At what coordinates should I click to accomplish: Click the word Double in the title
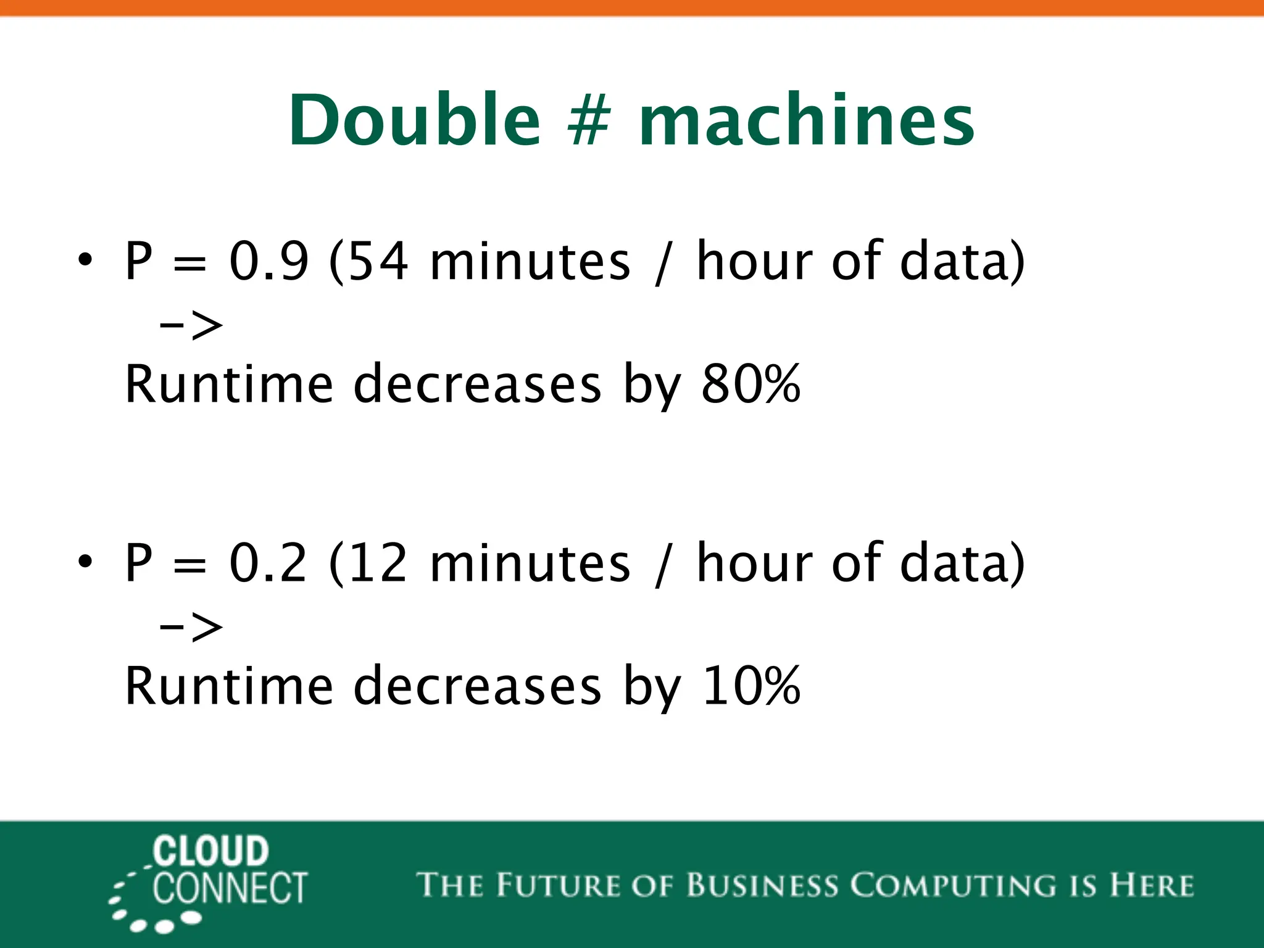[414, 120]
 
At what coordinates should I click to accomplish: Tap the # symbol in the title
[589, 121]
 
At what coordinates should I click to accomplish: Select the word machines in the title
[807, 120]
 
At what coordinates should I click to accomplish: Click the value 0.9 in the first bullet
[268, 261]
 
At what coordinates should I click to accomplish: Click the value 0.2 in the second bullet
[268, 562]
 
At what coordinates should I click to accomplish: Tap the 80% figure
[750, 384]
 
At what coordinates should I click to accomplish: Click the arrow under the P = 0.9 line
[191, 325]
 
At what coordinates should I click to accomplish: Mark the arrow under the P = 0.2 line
[191, 627]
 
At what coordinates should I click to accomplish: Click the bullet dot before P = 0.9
[85, 259]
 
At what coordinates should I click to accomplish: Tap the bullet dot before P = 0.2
[85, 561]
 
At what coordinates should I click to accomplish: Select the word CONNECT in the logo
[230, 889]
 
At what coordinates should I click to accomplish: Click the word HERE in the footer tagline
[1151, 885]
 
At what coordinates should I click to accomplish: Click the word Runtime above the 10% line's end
[229, 686]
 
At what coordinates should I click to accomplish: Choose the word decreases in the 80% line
[477, 384]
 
